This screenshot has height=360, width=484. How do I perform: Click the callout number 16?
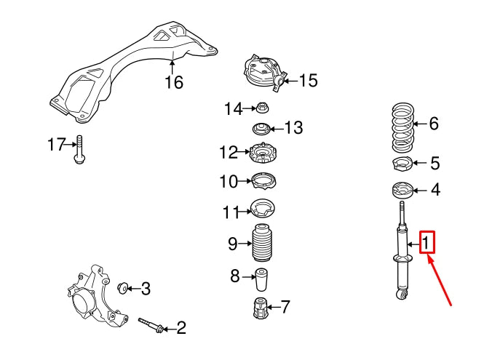coord(173,82)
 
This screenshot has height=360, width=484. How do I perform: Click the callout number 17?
coord(56,145)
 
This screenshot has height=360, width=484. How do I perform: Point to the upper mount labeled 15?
coord(263,73)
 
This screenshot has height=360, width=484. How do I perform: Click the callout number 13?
coord(293,129)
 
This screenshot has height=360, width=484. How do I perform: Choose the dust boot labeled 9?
coord(262,244)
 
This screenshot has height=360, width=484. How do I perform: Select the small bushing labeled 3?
coord(124,286)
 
